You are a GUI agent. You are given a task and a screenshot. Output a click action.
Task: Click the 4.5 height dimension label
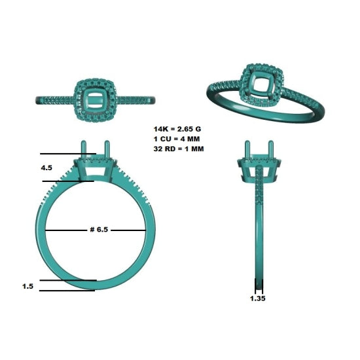tap(46, 168)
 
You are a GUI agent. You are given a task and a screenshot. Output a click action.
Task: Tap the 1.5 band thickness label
tap(27, 286)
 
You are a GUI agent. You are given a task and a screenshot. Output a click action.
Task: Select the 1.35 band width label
tap(258, 298)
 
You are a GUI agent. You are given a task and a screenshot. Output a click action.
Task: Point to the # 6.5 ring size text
tap(99, 230)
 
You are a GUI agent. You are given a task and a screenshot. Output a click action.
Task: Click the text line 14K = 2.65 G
tap(177, 129)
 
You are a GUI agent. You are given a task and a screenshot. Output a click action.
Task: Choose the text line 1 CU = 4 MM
tap(177, 139)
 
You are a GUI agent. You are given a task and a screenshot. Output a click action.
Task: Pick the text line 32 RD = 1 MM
tap(179, 149)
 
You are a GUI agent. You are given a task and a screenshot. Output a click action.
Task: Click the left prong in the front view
tap(84, 151)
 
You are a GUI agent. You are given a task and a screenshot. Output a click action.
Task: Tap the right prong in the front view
tap(107, 151)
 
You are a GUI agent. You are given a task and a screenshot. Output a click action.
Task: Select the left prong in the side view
tap(247, 150)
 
